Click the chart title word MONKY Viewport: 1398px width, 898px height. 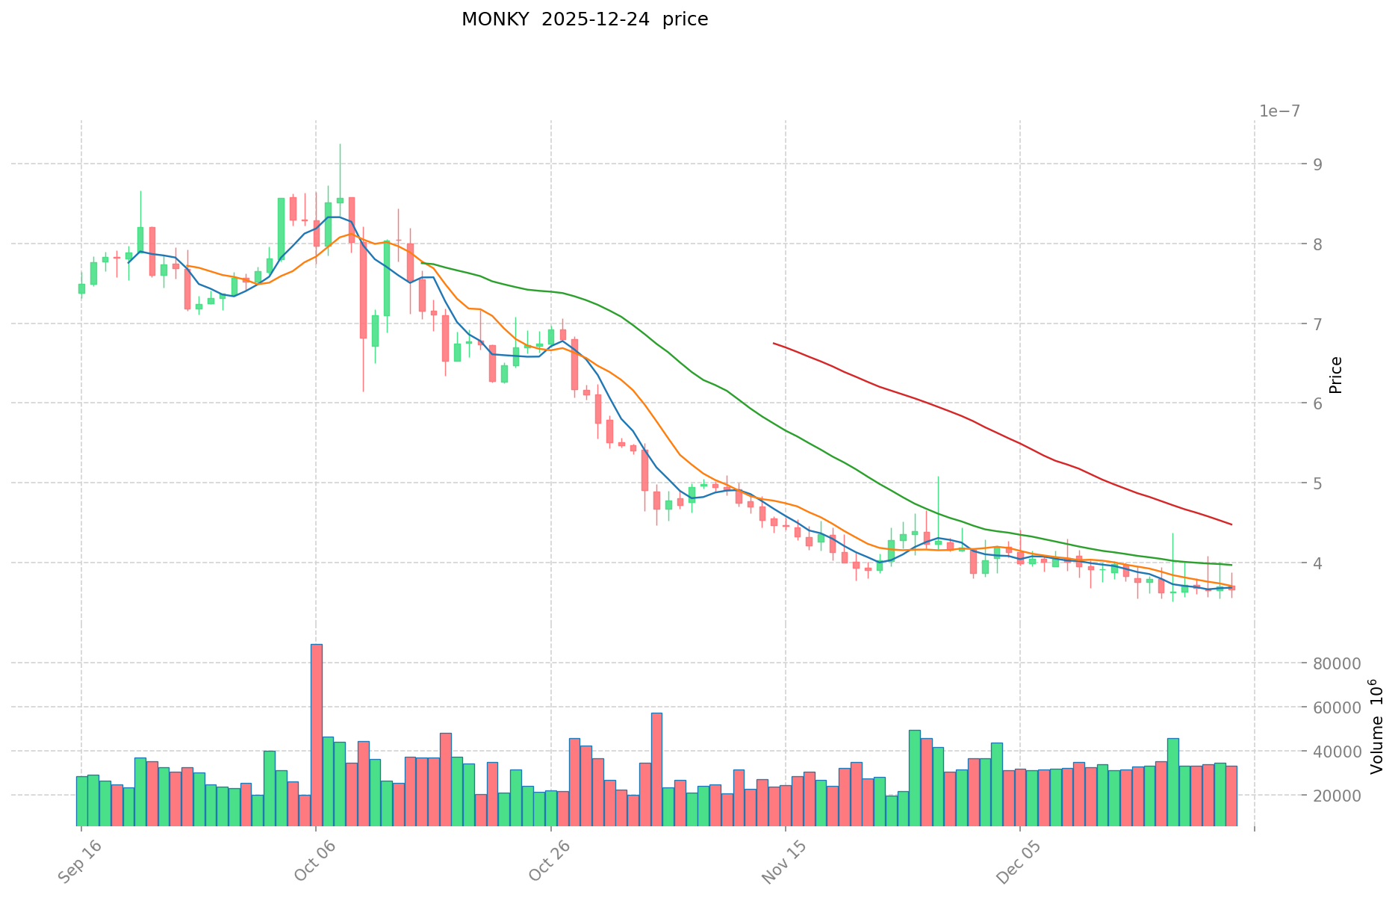point(489,19)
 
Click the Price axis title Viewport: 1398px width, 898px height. point(1336,374)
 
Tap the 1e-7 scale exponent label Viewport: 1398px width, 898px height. point(1279,111)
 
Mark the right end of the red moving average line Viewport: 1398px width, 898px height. point(1231,524)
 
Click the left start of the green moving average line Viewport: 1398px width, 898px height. point(422,263)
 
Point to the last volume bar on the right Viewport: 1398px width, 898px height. point(1231,796)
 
